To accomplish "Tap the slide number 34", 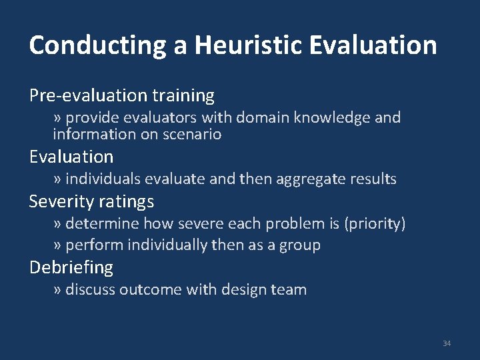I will coord(447,343).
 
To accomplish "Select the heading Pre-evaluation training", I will coord(122,96).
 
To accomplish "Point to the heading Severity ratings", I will coord(91,201).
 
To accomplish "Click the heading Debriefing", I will coord(71,268).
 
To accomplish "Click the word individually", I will coord(167,245).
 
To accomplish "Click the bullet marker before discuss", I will coord(57,290).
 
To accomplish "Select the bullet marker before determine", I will coord(57,223).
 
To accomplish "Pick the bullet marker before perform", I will coord(57,245).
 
